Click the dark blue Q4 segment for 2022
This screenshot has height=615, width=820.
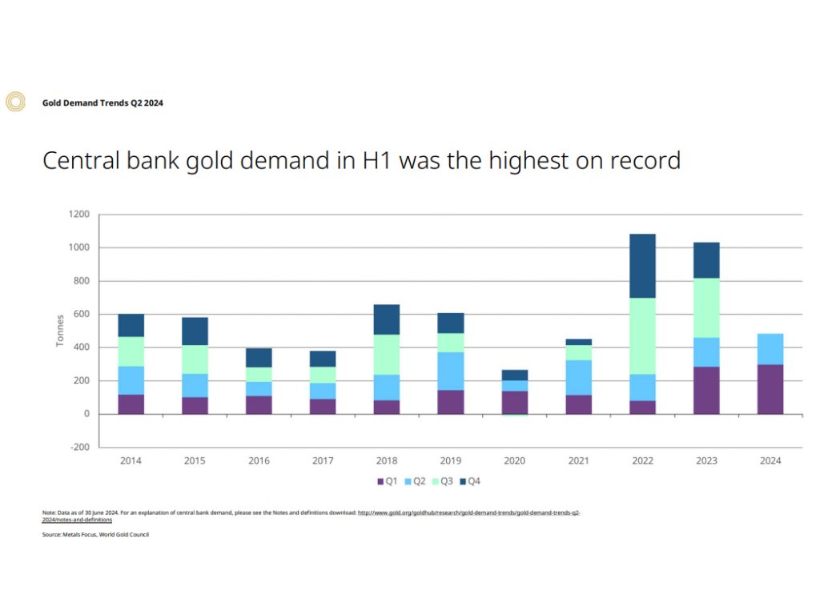pyautogui.click(x=642, y=266)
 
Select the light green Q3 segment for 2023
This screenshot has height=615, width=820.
pyautogui.click(x=706, y=307)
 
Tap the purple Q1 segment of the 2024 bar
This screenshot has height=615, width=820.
pyautogui.click(x=770, y=389)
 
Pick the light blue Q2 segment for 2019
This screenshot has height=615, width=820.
pyautogui.click(x=450, y=371)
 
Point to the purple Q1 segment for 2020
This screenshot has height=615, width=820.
pyautogui.click(x=514, y=402)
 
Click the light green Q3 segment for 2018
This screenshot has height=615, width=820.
pyautogui.click(x=386, y=354)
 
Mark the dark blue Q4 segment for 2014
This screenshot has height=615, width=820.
pyautogui.click(x=131, y=325)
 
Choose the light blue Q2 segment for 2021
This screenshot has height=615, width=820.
pyautogui.click(x=578, y=377)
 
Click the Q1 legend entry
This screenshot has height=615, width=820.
pyautogui.click(x=388, y=481)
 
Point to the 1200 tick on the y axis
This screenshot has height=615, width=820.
pyautogui.click(x=78, y=215)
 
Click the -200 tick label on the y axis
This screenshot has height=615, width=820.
pyautogui.click(x=78, y=447)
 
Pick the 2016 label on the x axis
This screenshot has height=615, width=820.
pyautogui.click(x=259, y=461)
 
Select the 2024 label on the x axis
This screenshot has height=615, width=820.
pyautogui.click(x=770, y=461)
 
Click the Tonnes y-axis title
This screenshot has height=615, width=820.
pyautogui.click(x=60, y=331)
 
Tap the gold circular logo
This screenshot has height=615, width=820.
pyautogui.click(x=15, y=102)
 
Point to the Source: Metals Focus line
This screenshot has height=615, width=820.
pyautogui.click(x=95, y=535)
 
